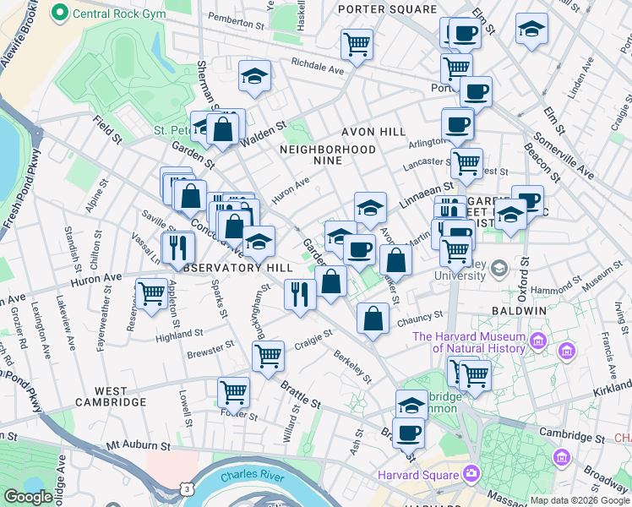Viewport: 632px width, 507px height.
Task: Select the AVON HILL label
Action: [x=373, y=133]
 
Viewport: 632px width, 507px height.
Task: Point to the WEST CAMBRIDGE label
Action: [x=111, y=396]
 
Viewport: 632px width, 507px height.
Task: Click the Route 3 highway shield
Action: [x=185, y=488]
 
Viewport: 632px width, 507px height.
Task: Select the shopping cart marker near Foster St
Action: [x=234, y=391]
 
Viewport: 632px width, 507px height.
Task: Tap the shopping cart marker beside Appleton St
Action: [x=151, y=294]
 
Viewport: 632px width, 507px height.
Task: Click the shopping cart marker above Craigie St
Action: [x=268, y=355]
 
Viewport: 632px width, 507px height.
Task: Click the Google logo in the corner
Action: [x=27, y=497]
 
